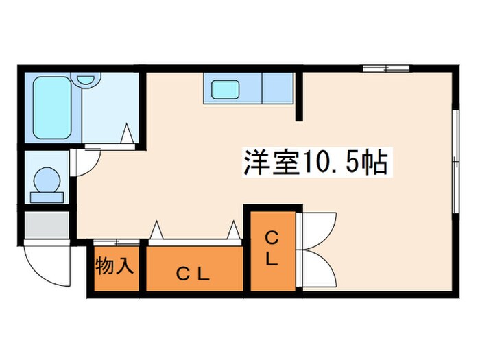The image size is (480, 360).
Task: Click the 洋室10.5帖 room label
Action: click(x=315, y=163)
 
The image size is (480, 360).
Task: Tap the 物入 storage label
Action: click(x=114, y=266)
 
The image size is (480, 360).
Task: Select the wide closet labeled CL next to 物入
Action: click(x=194, y=272)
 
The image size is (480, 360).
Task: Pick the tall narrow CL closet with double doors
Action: click(x=272, y=250)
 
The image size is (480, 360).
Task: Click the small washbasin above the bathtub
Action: click(x=86, y=80)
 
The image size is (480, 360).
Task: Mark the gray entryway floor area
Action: click(x=47, y=225)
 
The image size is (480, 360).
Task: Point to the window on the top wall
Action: click(x=386, y=68)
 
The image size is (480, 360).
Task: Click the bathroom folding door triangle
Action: click(x=128, y=133)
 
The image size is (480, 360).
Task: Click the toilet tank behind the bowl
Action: click(x=47, y=197)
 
